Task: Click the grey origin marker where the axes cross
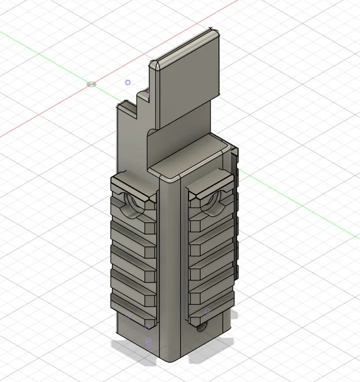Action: pos(91,84)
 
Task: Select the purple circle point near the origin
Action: pos(128,83)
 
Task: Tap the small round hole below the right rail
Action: pos(201,327)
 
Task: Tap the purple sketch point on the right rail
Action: pos(208,311)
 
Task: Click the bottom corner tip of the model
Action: pos(172,361)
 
